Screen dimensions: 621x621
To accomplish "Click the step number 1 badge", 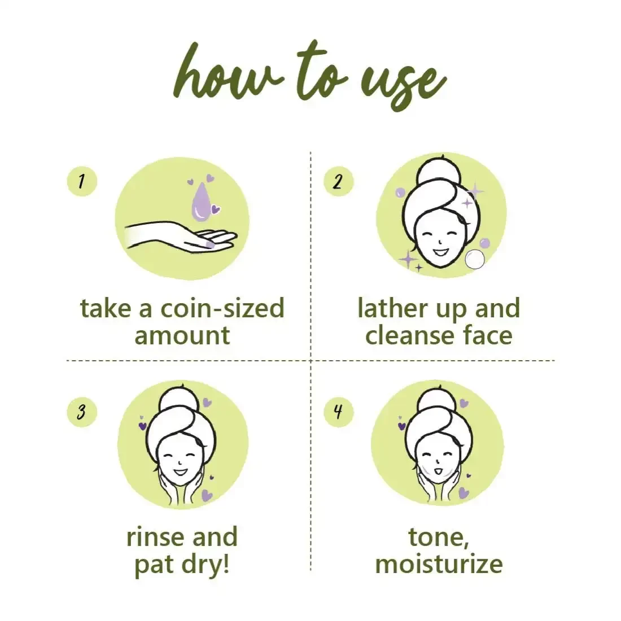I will click(x=82, y=181).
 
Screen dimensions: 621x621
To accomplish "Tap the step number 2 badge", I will click(x=338, y=181).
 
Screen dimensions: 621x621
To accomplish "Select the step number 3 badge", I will click(x=82, y=412).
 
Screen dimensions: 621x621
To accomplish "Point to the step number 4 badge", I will click(x=338, y=412).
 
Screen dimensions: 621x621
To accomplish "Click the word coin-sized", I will click(x=222, y=309).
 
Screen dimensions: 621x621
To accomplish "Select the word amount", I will click(x=182, y=335).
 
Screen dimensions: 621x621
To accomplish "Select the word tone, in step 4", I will click(x=439, y=537).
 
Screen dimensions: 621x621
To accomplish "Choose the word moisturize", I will click(x=439, y=564).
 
